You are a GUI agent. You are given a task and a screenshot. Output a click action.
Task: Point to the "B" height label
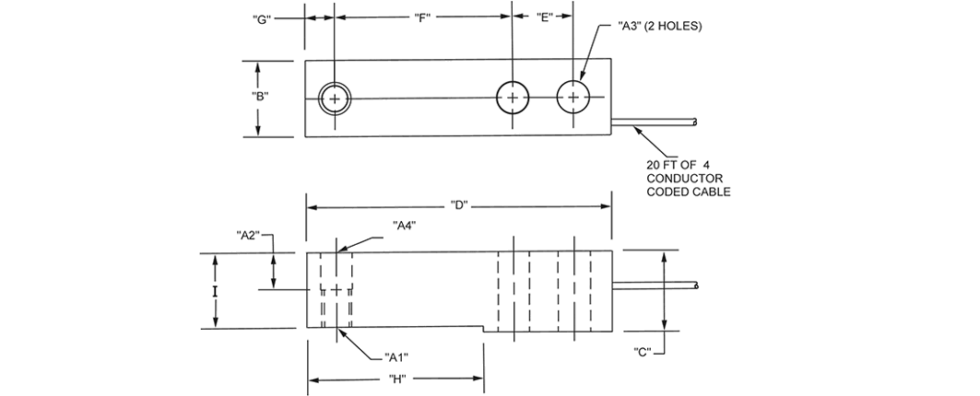[261, 96]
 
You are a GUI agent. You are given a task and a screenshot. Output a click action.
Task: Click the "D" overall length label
[458, 204]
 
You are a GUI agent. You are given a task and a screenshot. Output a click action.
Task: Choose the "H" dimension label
[398, 379]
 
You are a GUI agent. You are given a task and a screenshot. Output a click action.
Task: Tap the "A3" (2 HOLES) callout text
[660, 27]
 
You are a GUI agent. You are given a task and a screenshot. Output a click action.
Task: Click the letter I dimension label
[215, 291]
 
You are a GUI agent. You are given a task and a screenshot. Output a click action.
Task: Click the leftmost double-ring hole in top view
[335, 98]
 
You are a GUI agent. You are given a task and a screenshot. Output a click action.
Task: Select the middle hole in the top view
[513, 98]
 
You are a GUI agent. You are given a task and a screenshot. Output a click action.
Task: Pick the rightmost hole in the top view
[573, 98]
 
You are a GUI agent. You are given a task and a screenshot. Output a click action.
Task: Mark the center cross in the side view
[337, 290]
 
